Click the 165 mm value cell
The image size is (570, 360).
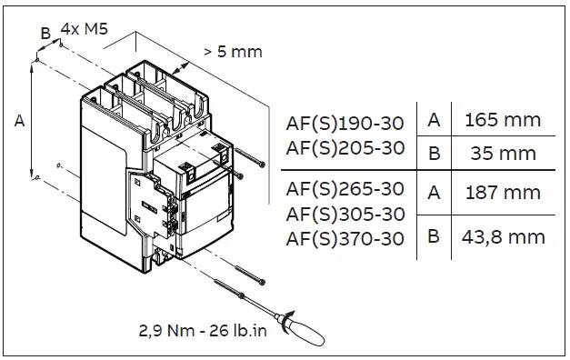pyautogui.click(x=502, y=119)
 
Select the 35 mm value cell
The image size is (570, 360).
pyautogui.click(x=501, y=153)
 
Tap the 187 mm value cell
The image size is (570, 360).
pyautogui.click(x=502, y=193)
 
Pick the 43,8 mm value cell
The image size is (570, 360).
pyautogui.click(x=502, y=238)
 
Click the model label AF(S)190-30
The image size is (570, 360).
pyautogui.click(x=345, y=123)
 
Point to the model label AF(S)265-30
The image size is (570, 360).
pyautogui.click(x=345, y=189)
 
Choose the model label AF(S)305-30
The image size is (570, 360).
pyautogui.click(x=345, y=215)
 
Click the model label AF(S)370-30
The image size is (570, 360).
pyautogui.click(x=345, y=239)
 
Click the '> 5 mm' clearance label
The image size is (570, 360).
pyautogui.click(x=233, y=52)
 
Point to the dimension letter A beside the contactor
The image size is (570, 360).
pyautogui.click(x=18, y=119)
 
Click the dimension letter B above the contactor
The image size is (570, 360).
pyautogui.click(x=45, y=33)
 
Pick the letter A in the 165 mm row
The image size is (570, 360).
pyautogui.click(x=435, y=119)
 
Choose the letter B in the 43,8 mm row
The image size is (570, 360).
pyautogui.click(x=435, y=238)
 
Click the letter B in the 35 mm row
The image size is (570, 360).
pyautogui.click(x=435, y=153)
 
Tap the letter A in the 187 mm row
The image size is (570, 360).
pyautogui.click(x=435, y=193)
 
